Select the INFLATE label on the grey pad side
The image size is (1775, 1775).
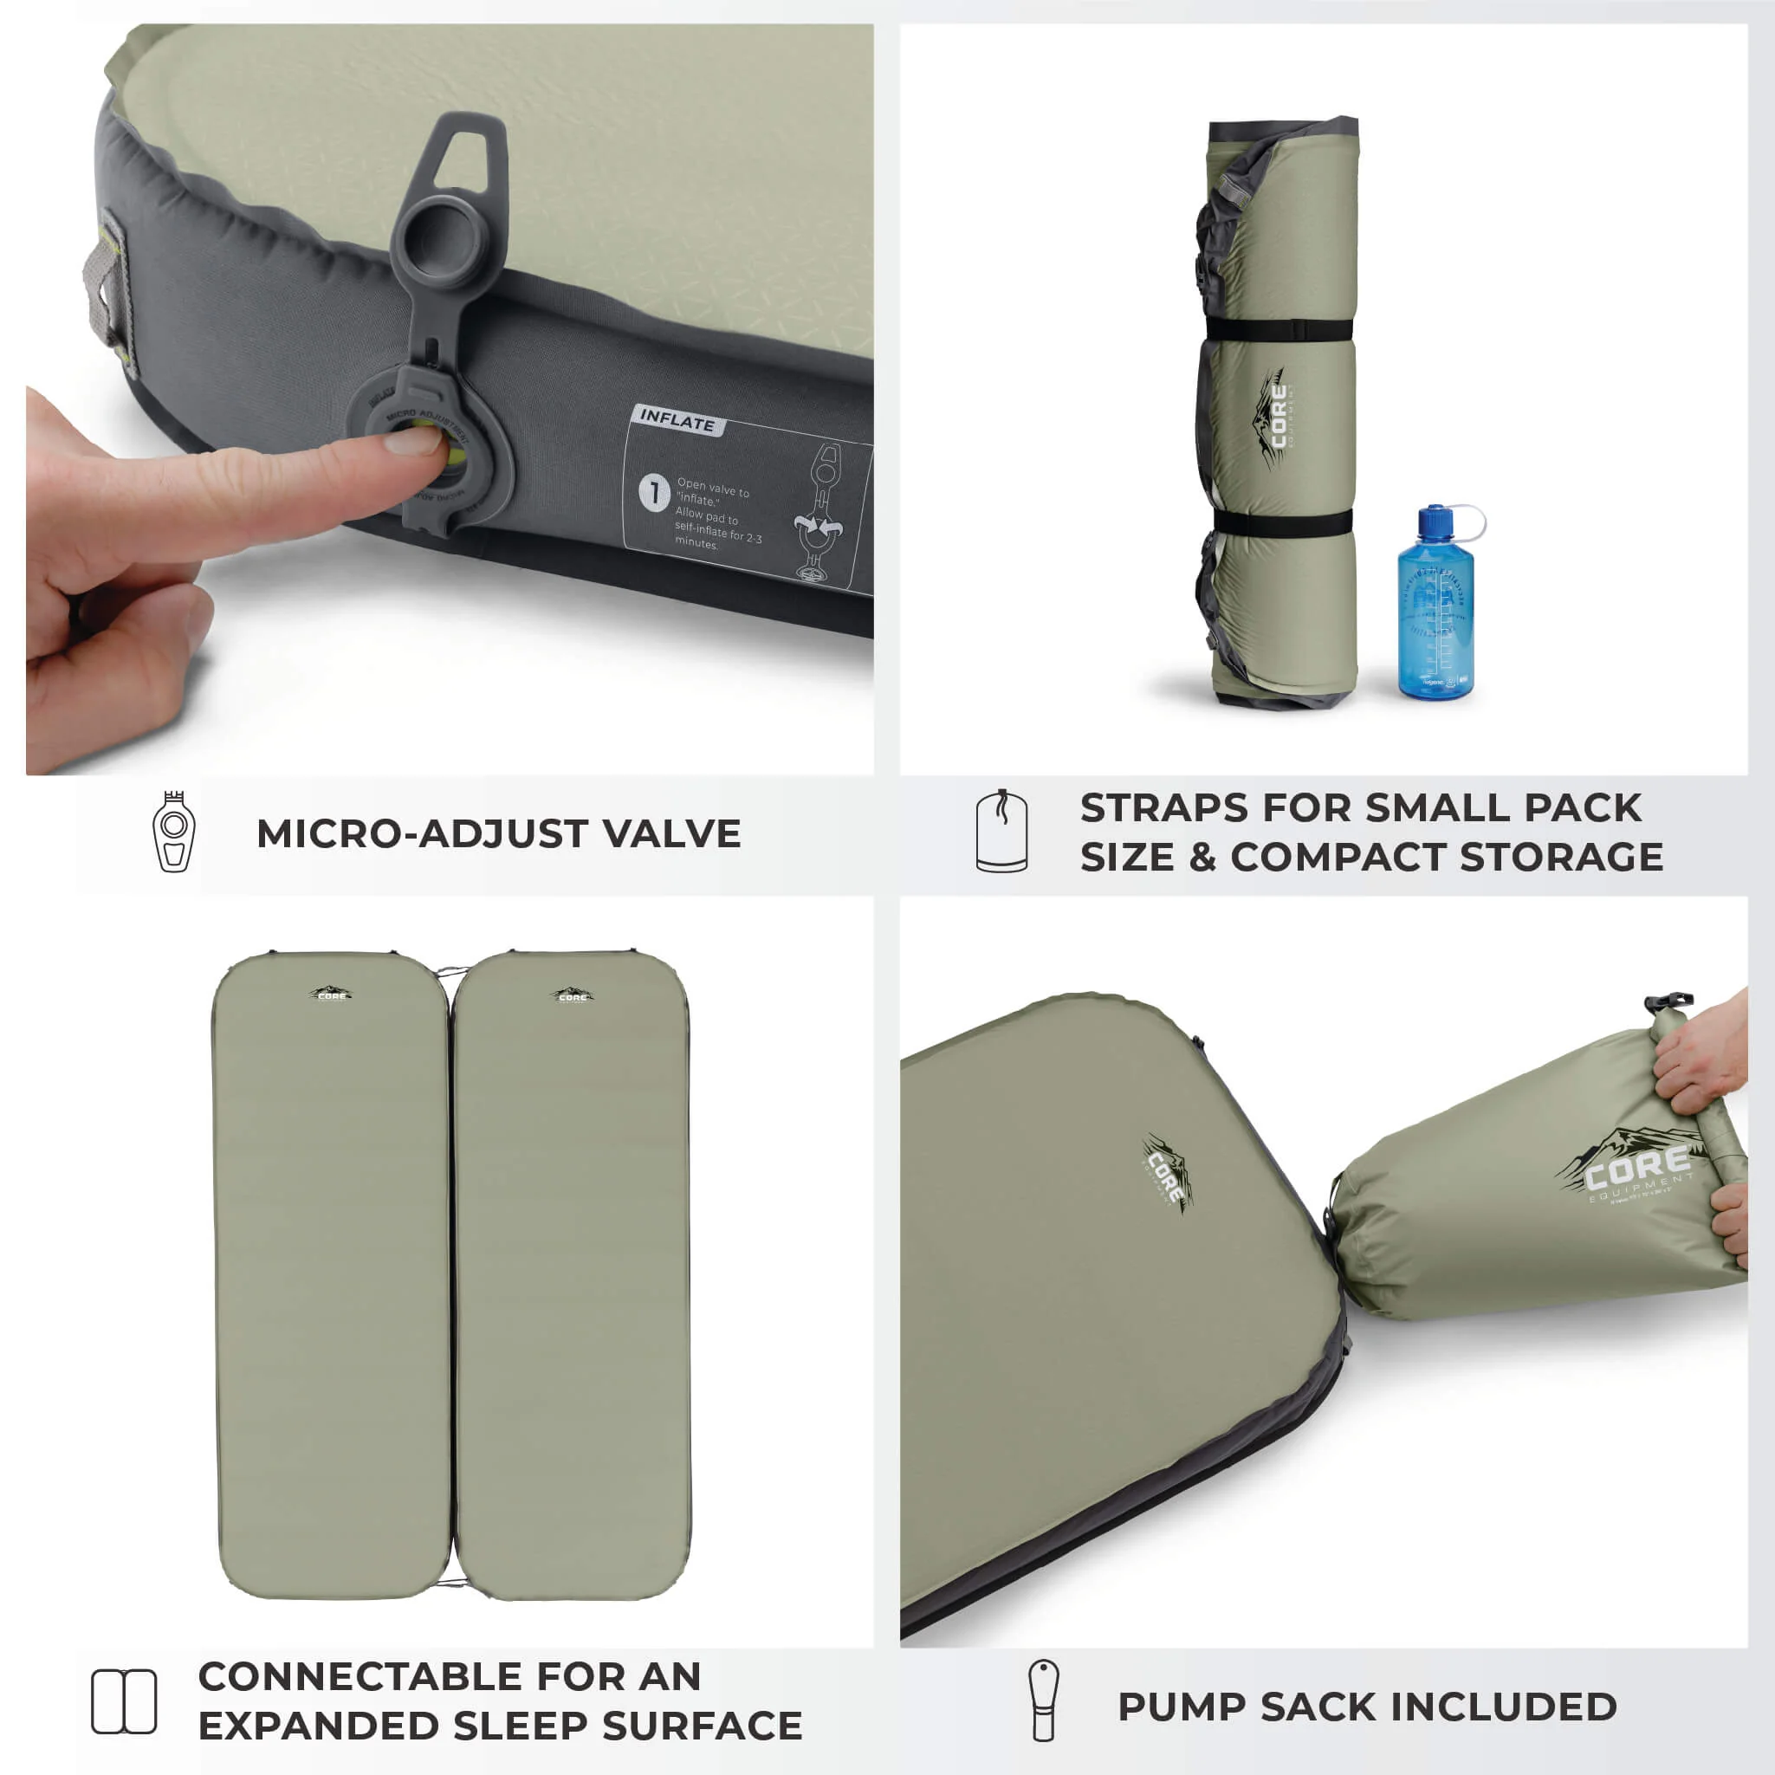click(x=677, y=421)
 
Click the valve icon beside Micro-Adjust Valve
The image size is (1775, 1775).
click(x=173, y=832)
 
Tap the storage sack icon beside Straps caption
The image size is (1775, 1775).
click(x=1001, y=832)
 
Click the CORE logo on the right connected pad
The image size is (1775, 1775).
click(x=573, y=995)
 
